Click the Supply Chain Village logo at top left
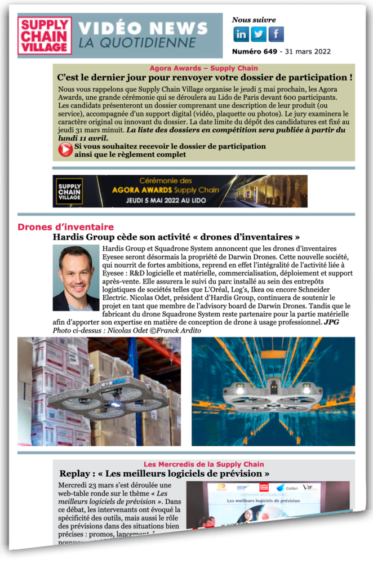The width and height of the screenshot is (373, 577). (45, 35)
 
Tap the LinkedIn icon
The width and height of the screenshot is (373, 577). (241, 34)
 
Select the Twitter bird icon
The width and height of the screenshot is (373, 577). (259, 34)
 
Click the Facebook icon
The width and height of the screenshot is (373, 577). (276, 34)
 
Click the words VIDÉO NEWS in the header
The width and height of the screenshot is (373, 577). (143, 28)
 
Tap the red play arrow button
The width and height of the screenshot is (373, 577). (65, 149)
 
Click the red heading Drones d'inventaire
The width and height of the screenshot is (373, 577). (65, 227)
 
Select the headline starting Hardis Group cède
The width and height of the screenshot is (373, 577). (176, 237)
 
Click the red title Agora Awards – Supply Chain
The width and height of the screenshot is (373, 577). (203, 68)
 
